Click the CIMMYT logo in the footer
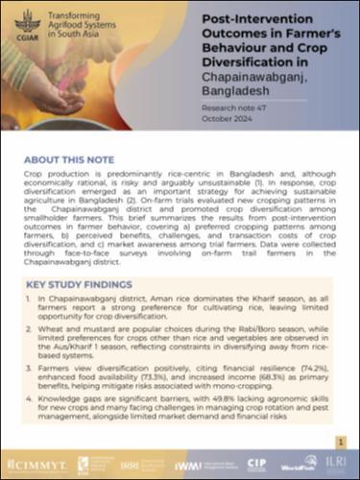(x=35, y=465)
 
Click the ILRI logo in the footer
(x=335, y=464)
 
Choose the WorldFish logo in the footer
(x=295, y=465)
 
